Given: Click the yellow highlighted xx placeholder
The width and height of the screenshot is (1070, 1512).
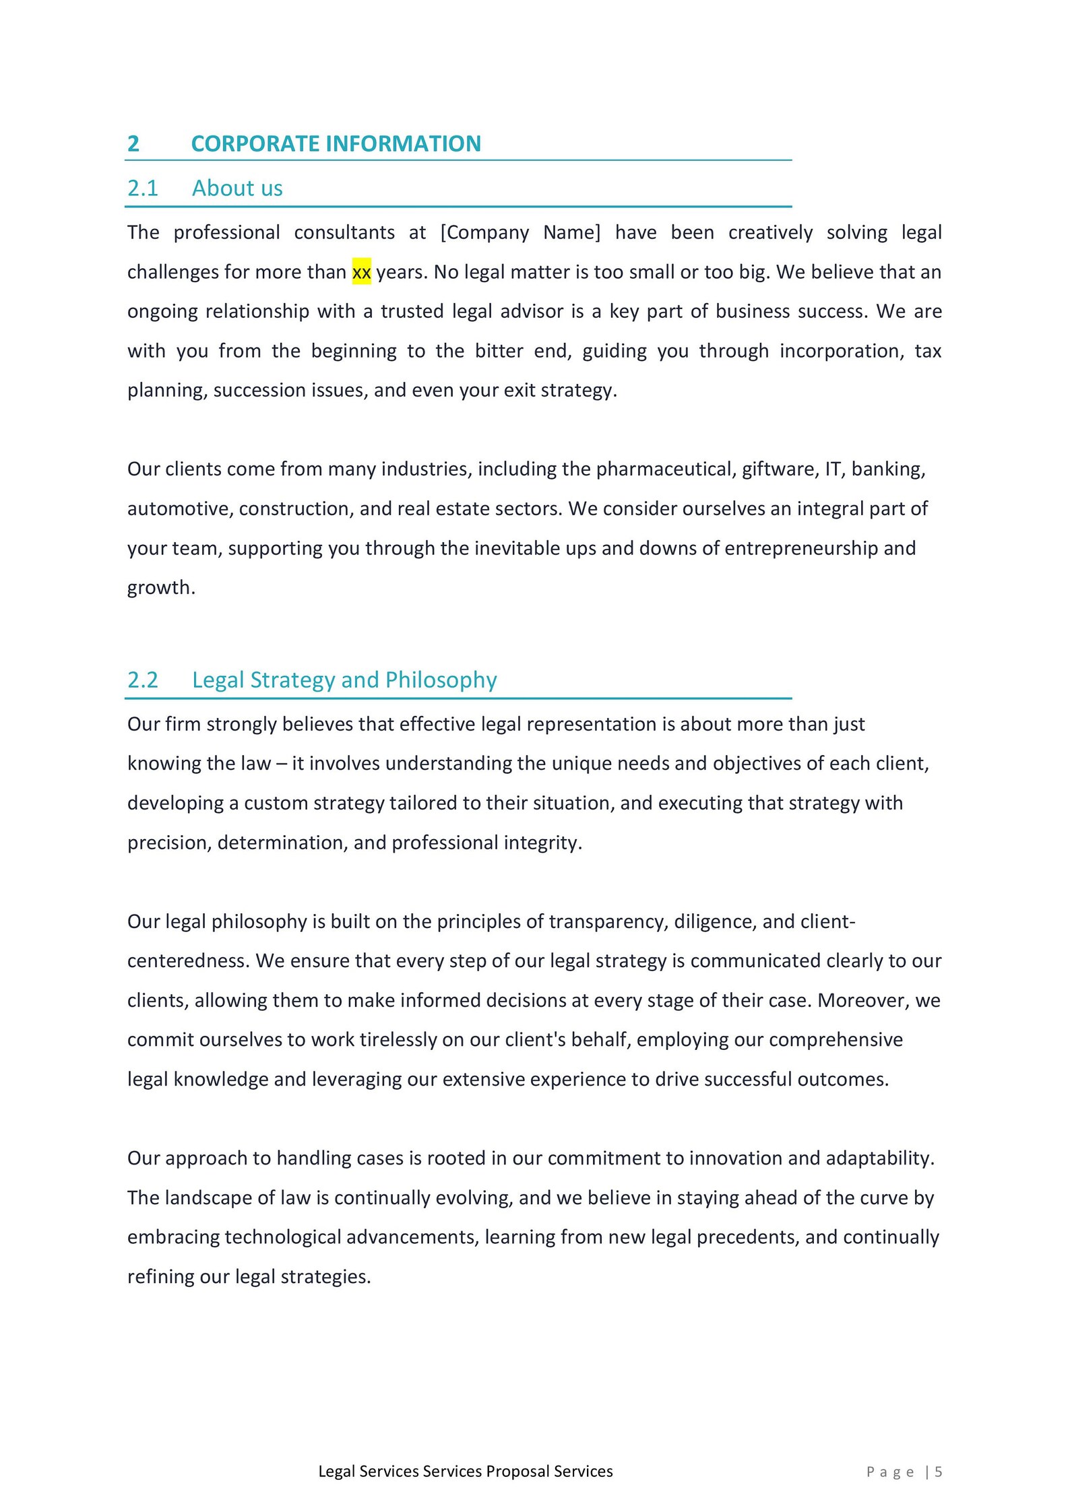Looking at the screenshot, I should (361, 272).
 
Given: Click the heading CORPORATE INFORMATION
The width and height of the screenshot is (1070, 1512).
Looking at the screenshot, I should (336, 143).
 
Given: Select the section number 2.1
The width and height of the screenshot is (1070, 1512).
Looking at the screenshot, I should (142, 188).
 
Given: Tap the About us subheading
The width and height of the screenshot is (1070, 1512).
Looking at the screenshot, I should (237, 188).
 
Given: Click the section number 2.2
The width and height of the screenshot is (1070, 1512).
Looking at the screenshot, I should (142, 680).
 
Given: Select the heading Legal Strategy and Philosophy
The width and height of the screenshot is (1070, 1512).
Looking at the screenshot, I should (344, 680).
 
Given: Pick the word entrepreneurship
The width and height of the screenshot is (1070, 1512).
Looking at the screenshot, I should (800, 548).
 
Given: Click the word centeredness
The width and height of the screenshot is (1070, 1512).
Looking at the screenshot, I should (188, 960).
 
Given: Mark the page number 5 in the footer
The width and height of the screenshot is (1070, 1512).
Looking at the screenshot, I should (938, 1472).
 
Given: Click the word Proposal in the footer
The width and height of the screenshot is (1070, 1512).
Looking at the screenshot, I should (517, 1472).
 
